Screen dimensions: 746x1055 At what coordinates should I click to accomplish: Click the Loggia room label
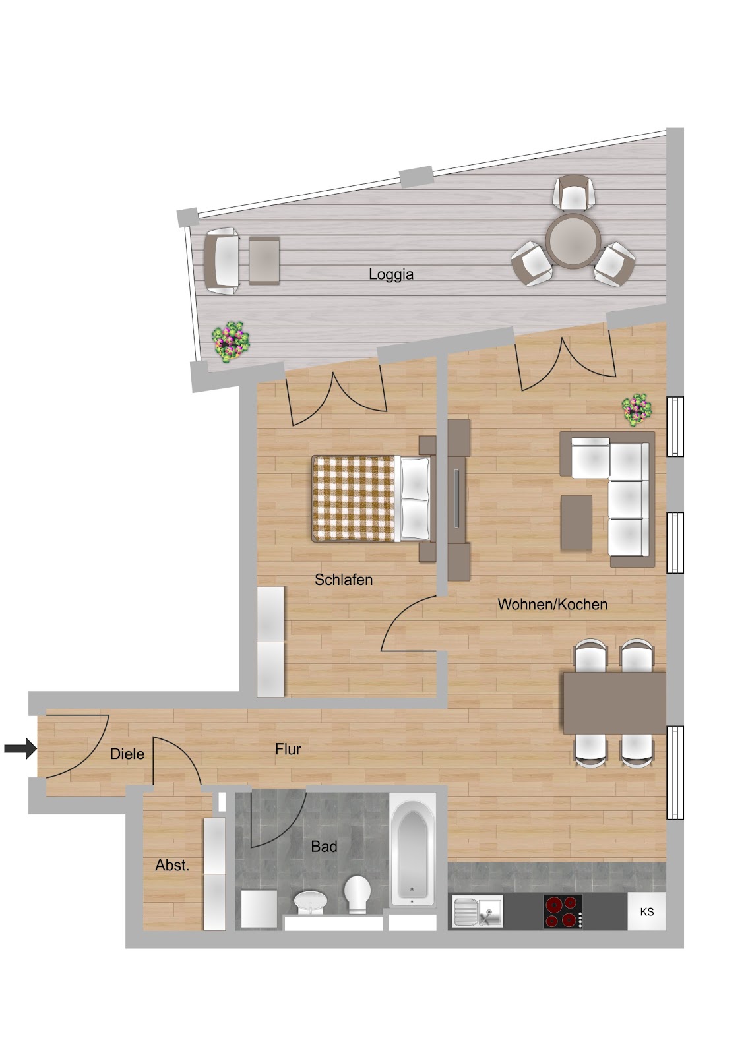(x=390, y=274)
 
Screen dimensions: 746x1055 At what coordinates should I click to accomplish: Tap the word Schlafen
(x=344, y=580)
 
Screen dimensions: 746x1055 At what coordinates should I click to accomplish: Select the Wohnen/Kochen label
(x=552, y=604)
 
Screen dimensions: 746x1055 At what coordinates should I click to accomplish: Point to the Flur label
(x=288, y=749)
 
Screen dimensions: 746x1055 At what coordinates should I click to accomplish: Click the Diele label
(x=127, y=754)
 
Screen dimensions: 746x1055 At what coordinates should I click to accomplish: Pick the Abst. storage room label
(x=172, y=865)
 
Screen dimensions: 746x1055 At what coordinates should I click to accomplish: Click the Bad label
(x=325, y=847)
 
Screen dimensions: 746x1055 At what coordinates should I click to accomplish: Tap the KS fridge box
(x=646, y=911)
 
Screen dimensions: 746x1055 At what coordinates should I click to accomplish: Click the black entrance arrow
(x=20, y=748)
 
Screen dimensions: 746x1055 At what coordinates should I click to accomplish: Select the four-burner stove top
(x=563, y=912)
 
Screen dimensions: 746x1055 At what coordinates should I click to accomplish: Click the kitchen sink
(x=478, y=912)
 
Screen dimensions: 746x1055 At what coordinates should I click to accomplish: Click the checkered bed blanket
(x=353, y=498)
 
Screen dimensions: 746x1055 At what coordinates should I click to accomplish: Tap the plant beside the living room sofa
(x=637, y=409)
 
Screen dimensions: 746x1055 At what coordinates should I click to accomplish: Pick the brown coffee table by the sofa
(x=576, y=522)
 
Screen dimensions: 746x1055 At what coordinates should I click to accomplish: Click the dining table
(x=615, y=703)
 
